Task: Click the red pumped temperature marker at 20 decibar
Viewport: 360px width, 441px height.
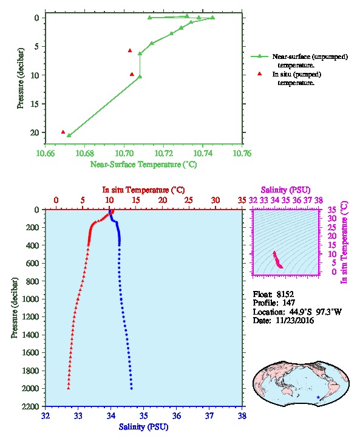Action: [63, 132]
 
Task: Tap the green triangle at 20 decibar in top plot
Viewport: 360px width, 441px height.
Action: [69, 135]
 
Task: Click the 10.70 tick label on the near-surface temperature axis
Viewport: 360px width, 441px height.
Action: [124, 153]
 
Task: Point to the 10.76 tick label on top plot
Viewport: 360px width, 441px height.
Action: [242, 153]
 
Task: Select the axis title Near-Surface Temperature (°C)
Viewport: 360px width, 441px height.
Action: [143, 165]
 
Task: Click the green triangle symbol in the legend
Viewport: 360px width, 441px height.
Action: [259, 56]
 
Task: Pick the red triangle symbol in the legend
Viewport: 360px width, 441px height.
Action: [259, 73]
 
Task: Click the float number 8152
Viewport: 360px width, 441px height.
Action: [285, 295]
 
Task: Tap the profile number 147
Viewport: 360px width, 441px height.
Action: [288, 303]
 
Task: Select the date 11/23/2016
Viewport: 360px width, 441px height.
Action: [295, 321]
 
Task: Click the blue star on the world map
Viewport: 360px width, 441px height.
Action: [318, 397]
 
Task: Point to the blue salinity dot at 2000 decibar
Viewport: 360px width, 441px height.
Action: [132, 388]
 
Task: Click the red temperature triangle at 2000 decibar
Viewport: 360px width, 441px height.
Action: [68, 388]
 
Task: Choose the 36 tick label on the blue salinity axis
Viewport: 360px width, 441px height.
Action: [177, 415]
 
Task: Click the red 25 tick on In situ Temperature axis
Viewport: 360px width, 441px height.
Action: [189, 200]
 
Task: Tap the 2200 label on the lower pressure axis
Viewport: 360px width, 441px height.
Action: [30, 406]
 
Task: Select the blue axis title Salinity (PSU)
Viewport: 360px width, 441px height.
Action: [144, 427]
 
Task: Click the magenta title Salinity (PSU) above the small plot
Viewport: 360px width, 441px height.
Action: [286, 190]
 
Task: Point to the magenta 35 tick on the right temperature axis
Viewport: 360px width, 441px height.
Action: [332, 210]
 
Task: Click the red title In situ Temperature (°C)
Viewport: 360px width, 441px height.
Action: [143, 190]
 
